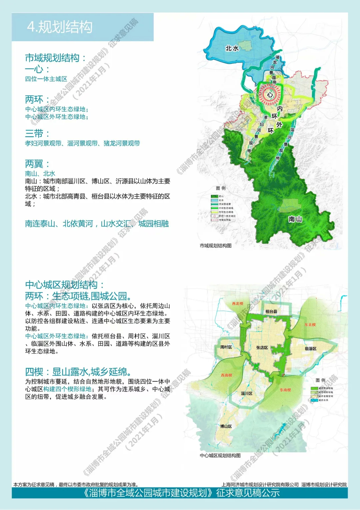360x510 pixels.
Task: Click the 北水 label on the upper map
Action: [x=232, y=48]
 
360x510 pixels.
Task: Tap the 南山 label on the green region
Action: [x=295, y=219]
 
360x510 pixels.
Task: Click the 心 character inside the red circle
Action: [x=270, y=95]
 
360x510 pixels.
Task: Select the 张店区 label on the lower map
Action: [x=262, y=348]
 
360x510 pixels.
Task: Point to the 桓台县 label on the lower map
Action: [x=271, y=312]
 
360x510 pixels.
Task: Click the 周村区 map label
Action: [x=226, y=347]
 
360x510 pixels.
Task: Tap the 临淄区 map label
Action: [x=311, y=349]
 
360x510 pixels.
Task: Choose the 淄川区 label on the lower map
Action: [x=247, y=394]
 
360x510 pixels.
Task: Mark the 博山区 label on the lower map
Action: [x=226, y=426]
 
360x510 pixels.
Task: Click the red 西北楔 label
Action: [x=238, y=304]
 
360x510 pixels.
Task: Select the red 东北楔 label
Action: [x=310, y=325]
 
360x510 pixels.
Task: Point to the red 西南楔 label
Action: [x=227, y=375]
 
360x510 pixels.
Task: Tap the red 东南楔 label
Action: [x=285, y=390]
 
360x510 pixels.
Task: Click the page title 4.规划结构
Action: [x=60, y=27]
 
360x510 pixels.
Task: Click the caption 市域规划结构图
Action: [x=216, y=246]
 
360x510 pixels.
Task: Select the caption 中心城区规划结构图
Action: [x=220, y=455]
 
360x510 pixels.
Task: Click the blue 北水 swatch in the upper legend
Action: [x=214, y=200]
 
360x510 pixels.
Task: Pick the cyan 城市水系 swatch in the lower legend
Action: [x=314, y=400]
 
